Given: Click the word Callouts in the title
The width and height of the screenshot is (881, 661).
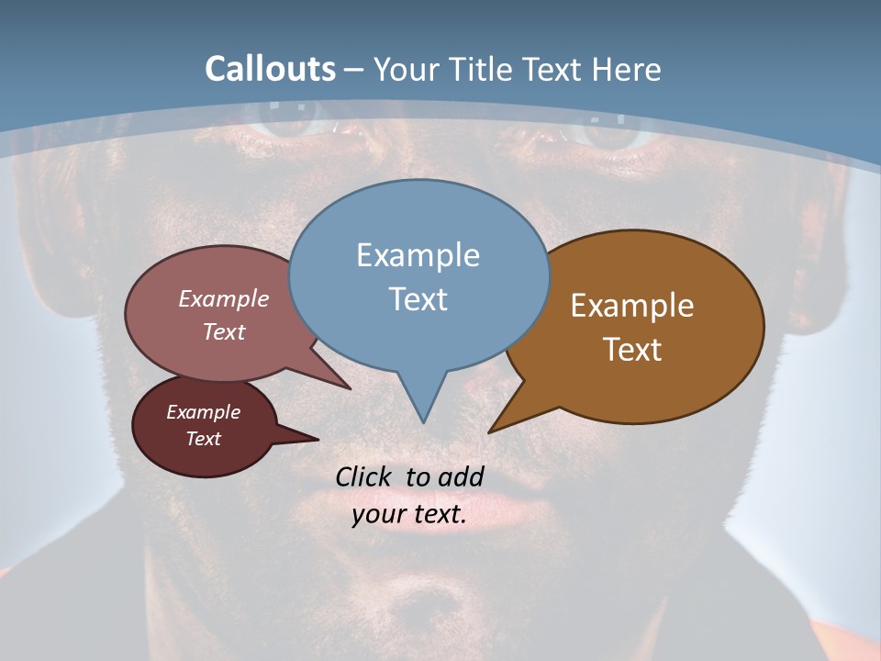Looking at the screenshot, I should tap(270, 69).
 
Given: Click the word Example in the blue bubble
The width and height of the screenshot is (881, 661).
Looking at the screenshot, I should tap(418, 255).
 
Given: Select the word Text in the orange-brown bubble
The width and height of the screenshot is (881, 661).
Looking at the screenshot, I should tap(632, 350).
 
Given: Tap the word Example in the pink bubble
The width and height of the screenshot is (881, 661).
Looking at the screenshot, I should tap(223, 298).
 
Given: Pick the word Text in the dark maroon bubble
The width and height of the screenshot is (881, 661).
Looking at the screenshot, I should tap(203, 439).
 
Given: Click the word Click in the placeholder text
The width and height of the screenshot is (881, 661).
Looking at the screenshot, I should tap(365, 476).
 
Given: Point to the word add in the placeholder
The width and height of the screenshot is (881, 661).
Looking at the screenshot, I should tap(461, 476).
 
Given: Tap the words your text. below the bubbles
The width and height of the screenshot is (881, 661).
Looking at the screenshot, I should tap(409, 515).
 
